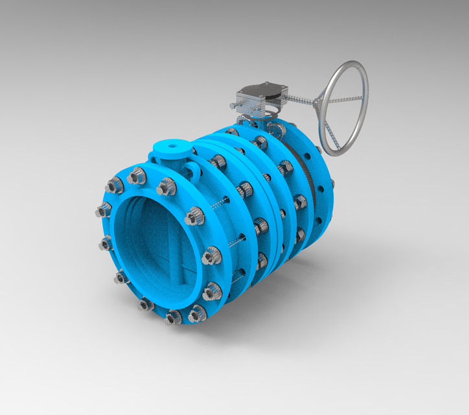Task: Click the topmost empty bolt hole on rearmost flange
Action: tap(318, 150)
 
